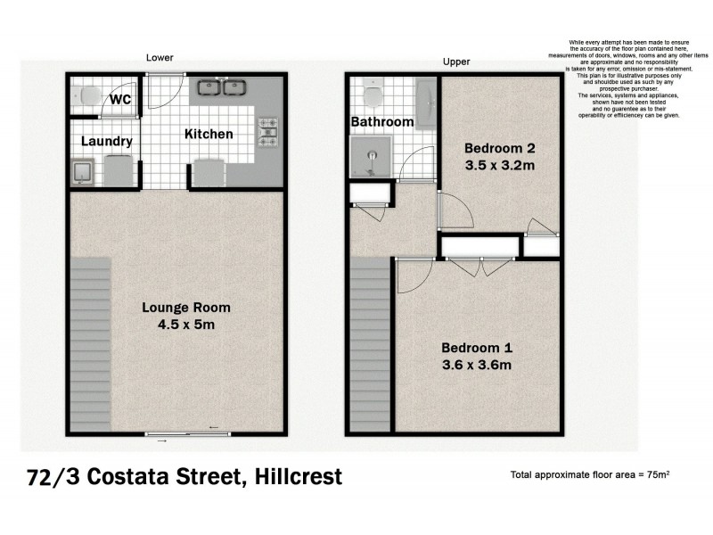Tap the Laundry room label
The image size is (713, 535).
[106, 141]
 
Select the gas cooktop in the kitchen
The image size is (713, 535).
[268, 132]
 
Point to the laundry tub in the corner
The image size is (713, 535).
[84, 171]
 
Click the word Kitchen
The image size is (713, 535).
[209, 134]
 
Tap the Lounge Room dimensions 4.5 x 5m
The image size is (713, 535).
[186, 325]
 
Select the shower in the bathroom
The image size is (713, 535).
[370, 159]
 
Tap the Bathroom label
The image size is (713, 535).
[381, 121]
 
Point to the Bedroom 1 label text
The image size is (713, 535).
[478, 348]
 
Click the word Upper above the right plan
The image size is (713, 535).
[455, 62]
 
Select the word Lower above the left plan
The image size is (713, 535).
[160, 58]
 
